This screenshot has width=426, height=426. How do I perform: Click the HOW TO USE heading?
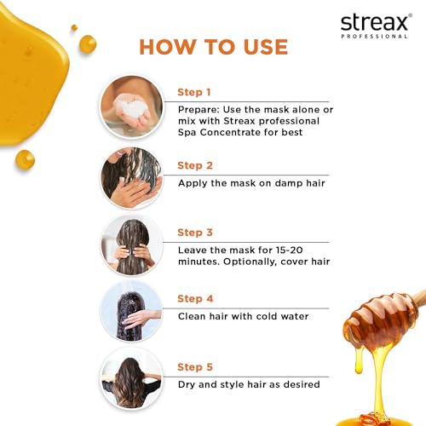coord(213,46)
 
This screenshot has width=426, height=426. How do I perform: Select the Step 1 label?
coord(194,92)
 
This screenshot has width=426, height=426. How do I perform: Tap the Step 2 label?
coord(194,165)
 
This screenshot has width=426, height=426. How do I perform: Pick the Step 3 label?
coord(194,232)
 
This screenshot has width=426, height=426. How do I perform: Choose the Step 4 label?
coord(194,298)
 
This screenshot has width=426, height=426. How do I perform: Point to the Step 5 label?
coord(194,367)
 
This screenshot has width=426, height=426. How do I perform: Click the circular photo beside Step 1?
coord(131,105)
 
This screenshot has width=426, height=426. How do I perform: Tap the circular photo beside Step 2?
coord(131,177)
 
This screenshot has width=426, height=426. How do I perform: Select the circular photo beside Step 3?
coord(131,245)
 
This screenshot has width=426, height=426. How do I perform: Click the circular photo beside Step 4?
coord(131,312)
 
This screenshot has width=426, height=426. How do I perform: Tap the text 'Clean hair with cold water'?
coord(244,316)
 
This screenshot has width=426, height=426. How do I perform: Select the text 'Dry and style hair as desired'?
coord(249,384)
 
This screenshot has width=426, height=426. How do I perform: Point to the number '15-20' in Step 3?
coord(294,249)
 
